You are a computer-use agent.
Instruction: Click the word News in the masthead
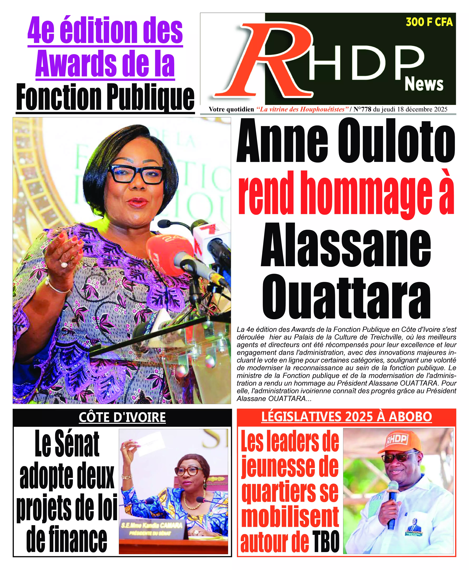pyautogui.click(x=424, y=84)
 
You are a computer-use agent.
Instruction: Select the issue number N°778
pyautogui.click(x=362, y=109)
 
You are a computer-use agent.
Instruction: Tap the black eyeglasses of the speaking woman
pyautogui.click(x=136, y=174)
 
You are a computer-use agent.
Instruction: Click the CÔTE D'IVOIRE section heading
pyautogui.click(x=122, y=417)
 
